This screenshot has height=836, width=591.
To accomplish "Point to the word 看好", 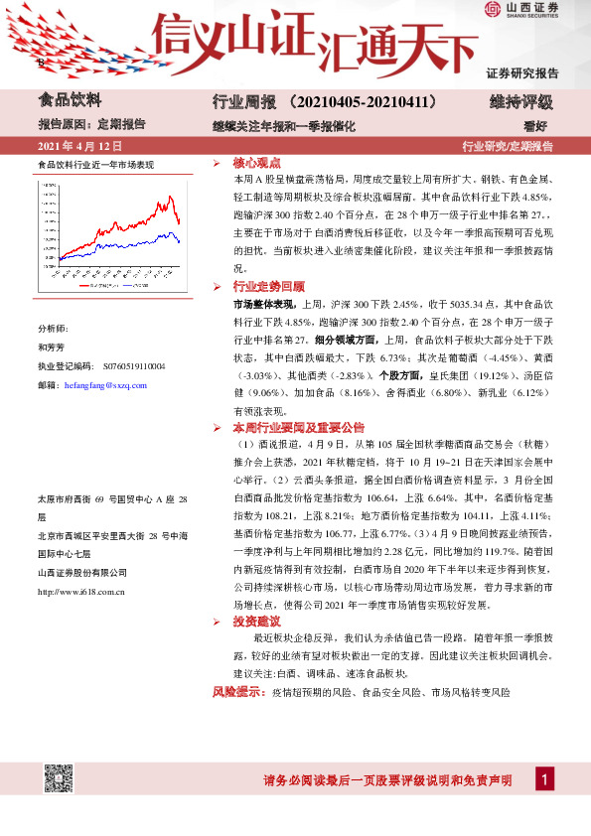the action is click(536, 126).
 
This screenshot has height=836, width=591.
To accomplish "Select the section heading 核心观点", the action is click(256, 162).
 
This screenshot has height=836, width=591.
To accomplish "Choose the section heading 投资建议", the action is click(256, 621).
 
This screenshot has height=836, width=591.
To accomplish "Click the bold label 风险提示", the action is click(239, 692).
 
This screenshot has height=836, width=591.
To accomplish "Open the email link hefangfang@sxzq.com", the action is click(105, 385).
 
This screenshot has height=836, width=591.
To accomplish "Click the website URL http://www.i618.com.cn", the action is click(79, 592).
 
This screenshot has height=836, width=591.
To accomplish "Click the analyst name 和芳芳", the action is click(50, 348).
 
